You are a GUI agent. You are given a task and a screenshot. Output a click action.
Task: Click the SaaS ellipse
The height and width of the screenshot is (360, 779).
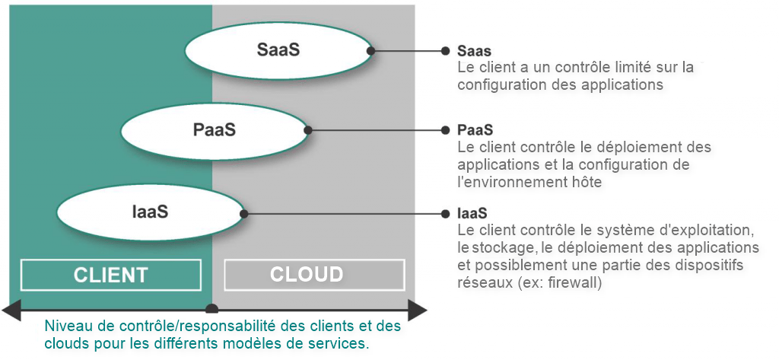pos(278,51)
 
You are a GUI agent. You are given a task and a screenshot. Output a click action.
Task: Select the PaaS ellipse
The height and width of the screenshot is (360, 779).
pos(215,130)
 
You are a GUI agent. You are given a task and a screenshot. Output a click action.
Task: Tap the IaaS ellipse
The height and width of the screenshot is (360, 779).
pos(150,212)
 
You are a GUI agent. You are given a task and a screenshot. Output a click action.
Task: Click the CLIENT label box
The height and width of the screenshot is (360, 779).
pos(111,275)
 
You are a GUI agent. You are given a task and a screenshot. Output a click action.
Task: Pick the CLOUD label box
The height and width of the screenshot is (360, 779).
pos(307,275)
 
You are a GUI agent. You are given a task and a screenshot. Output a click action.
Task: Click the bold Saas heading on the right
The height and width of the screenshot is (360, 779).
pos(474,51)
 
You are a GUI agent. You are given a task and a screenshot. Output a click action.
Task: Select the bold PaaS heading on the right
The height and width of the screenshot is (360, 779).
pos(475,129)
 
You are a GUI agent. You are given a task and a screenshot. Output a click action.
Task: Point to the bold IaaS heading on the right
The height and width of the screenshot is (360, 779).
pos(472,212)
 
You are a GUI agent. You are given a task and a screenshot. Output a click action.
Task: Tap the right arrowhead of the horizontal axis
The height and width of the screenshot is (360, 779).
pos(418,310)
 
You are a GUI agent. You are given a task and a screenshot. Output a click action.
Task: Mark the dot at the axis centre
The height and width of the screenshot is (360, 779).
pos(212,309)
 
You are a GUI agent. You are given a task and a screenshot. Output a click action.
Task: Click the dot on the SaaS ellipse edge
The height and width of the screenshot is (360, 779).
pos(371,51)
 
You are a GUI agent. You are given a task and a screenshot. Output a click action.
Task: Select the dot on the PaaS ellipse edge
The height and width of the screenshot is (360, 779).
pos(308,130)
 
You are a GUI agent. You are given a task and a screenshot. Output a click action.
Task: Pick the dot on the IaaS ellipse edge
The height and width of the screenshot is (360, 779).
pos(243,212)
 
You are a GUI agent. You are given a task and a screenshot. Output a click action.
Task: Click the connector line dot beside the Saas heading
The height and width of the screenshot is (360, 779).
pos(446,51)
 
